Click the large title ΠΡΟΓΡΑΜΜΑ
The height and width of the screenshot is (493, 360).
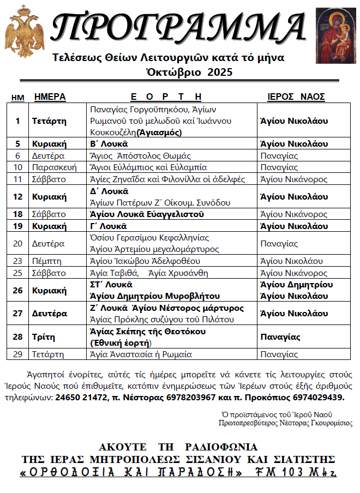(180, 27)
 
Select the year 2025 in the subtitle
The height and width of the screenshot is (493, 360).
(220, 71)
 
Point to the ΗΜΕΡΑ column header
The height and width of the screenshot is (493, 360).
(50, 97)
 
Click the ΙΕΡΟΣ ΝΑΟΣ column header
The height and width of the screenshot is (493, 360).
(296, 97)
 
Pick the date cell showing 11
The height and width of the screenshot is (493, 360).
(17, 179)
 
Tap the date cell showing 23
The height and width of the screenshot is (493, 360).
(17, 261)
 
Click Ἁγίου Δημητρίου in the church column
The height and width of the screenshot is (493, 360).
(295, 285)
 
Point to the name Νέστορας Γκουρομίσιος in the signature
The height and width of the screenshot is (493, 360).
(316, 423)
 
